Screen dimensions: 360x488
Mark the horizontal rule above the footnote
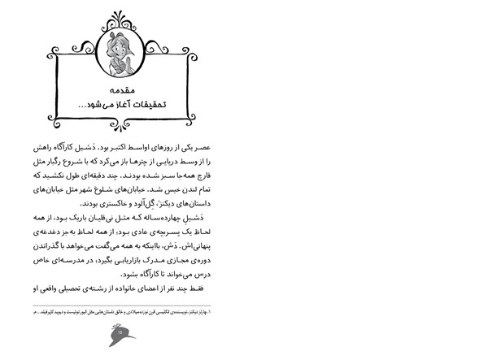tap(122, 305)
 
